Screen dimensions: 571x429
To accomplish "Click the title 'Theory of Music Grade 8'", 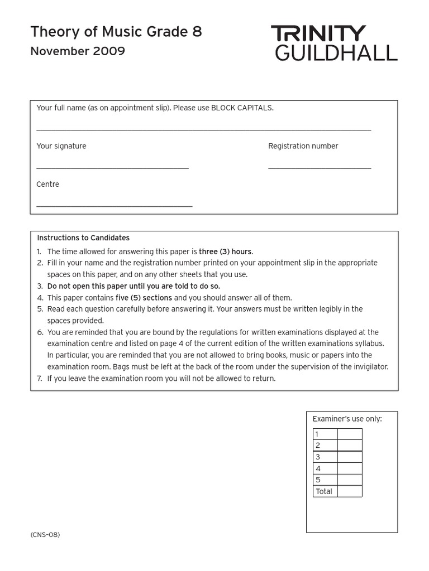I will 116,32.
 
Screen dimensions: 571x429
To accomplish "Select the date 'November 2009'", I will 78,52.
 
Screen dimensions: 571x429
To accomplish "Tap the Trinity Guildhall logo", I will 334,42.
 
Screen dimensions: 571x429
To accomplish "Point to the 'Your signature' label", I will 61,146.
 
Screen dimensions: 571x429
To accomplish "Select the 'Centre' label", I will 48,185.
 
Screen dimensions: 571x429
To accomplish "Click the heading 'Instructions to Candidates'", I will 83,238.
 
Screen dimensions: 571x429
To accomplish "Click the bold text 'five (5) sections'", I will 144,298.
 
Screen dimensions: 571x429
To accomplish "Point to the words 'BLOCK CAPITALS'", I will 242,108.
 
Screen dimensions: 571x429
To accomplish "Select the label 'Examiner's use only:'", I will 347,419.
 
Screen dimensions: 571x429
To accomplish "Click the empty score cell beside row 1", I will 349,434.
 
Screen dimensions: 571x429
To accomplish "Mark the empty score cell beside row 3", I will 349,457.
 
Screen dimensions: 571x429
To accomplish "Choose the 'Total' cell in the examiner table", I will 324,491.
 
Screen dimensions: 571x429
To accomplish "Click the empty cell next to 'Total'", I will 349,491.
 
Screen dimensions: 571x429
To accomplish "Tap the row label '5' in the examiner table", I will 318,480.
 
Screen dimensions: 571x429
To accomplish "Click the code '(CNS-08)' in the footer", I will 45,535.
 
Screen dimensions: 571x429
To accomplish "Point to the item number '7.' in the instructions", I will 40,379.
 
